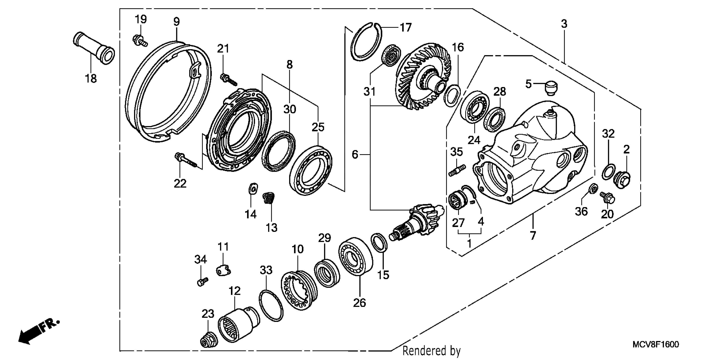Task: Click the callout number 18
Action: point(91,79)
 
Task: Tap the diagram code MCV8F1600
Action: point(656,344)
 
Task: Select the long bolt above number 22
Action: point(187,161)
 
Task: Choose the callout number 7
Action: point(533,235)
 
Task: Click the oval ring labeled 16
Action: point(452,96)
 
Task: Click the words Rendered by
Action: point(431,350)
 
